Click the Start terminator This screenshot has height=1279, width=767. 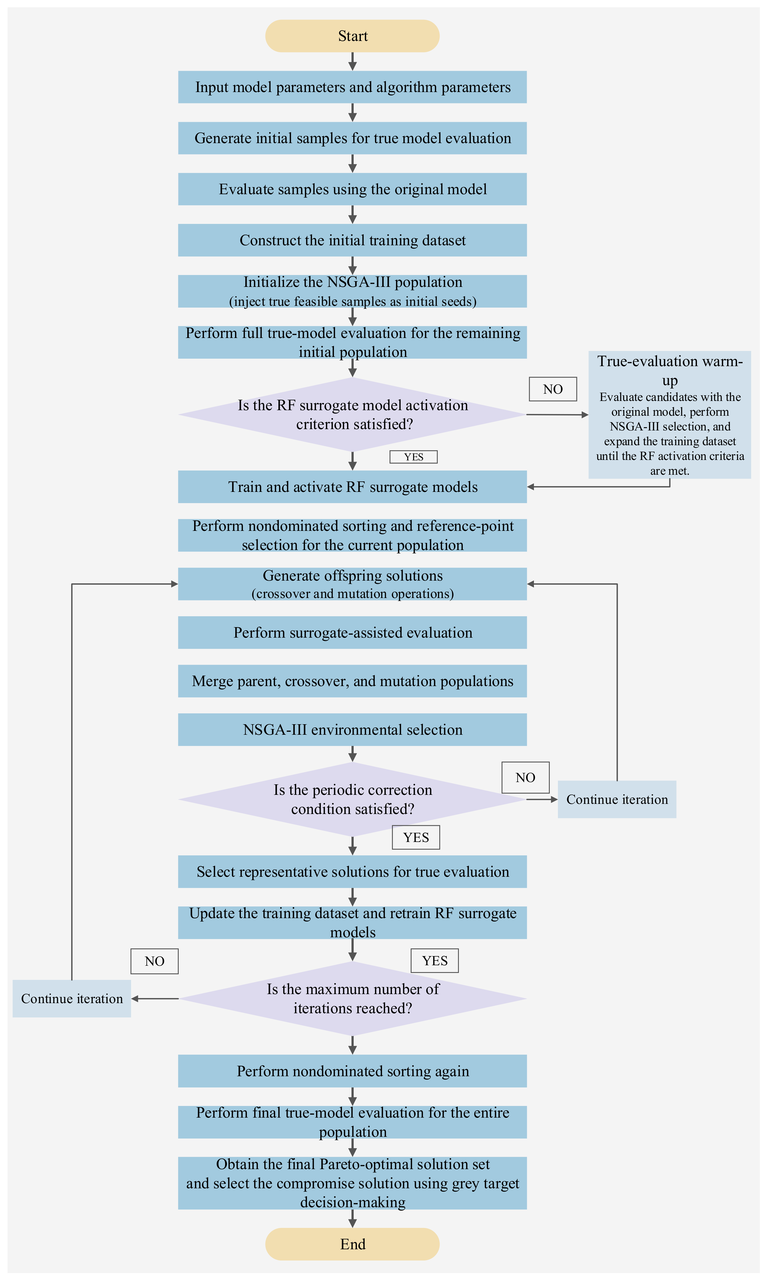tap(353, 36)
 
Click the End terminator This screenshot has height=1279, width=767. tap(353, 1244)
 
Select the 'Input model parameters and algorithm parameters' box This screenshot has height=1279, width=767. tap(353, 87)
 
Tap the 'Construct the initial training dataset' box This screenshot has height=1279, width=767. tap(353, 240)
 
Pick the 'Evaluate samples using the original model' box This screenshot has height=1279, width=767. tap(353, 189)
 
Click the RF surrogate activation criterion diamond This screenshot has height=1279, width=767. tap(353, 414)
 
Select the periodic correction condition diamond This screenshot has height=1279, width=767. tap(353, 799)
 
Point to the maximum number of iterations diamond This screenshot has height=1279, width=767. tap(353, 998)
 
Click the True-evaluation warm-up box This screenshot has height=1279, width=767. tap(670, 415)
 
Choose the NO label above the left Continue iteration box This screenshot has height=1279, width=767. tap(155, 961)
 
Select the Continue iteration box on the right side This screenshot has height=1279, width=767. tap(617, 799)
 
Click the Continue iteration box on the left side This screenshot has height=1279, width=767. tap(72, 998)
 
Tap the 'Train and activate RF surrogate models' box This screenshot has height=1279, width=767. tap(353, 486)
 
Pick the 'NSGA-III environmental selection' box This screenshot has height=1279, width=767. tap(353, 729)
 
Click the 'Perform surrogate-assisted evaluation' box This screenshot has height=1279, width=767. tap(353, 632)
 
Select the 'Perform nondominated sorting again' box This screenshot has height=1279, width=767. tap(353, 1071)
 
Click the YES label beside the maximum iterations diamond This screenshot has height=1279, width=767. tap(435, 961)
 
